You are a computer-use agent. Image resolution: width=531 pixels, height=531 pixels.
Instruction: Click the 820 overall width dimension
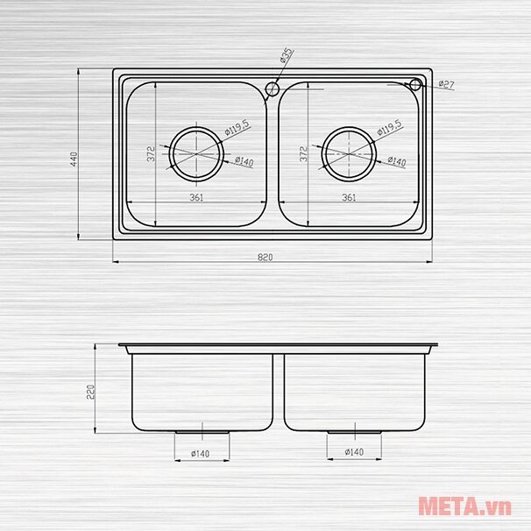click(265, 257)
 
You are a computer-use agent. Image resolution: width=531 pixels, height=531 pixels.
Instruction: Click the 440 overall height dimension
click(74, 159)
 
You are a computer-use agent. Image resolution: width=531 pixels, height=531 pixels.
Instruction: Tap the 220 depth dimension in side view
click(89, 390)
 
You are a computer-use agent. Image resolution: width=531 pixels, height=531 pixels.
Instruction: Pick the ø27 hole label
click(445, 84)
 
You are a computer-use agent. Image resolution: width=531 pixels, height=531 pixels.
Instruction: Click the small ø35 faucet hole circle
click(272, 88)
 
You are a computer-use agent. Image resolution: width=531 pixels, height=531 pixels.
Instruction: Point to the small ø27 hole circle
click(415, 84)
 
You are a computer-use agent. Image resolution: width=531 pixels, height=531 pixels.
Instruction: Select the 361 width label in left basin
click(196, 197)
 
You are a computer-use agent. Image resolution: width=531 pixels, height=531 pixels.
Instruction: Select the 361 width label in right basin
click(349, 197)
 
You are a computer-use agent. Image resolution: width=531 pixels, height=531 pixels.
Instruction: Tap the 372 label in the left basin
click(151, 154)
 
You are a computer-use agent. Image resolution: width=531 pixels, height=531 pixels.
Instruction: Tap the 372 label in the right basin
click(302, 154)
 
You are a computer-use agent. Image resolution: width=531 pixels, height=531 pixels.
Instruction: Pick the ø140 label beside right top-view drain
click(396, 162)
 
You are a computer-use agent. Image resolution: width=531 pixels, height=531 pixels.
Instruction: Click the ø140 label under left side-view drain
click(201, 453)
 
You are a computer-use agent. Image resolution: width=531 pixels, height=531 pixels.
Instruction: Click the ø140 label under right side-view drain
click(353, 452)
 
